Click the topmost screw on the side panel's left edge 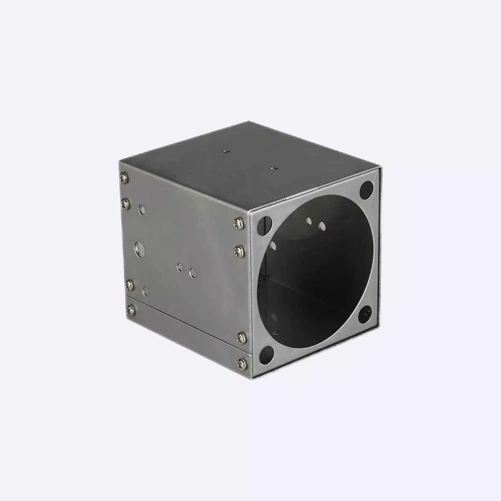pyautogui.click(x=124, y=177)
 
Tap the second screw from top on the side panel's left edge pyautogui.click(x=126, y=203)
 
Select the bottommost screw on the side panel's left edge pyautogui.click(x=131, y=310)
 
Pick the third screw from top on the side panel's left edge pyautogui.click(x=130, y=285)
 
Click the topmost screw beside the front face pyautogui.click(x=239, y=223)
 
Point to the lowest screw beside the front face pyautogui.click(x=242, y=364)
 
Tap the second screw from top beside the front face pyautogui.click(x=240, y=250)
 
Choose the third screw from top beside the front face pyautogui.click(x=241, y=338)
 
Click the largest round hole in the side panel pyautogui.click(x=140, y=248)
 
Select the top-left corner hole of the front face pyautogui.click(x=264, y=226)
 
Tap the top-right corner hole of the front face pyautogui.click(x=367, y=189)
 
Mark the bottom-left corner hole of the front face pyautogui.click(x=266, y=355)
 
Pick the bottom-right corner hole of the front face pyautogui.click(x=365, y=314)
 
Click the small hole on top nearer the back pyautogui.click(x=225, y=150)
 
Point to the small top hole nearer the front pyautogui.click(x=273, y=168)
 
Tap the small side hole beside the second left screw pyautogui.click(x=142, y=209)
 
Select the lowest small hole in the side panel pyautogui.click(x=145, y=291)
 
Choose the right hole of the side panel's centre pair pyautogui.click(x=193, y=273)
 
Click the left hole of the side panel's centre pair pyautogui.click(x=179, y=267)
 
